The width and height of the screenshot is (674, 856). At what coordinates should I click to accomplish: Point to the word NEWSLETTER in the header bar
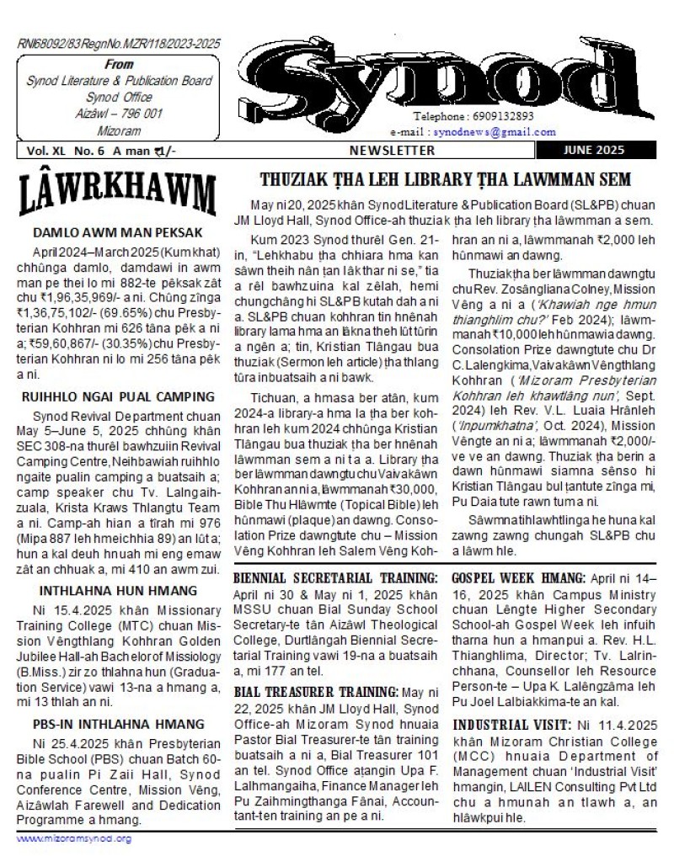393,151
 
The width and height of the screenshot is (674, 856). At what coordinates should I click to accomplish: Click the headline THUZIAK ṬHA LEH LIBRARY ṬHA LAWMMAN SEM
446,179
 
